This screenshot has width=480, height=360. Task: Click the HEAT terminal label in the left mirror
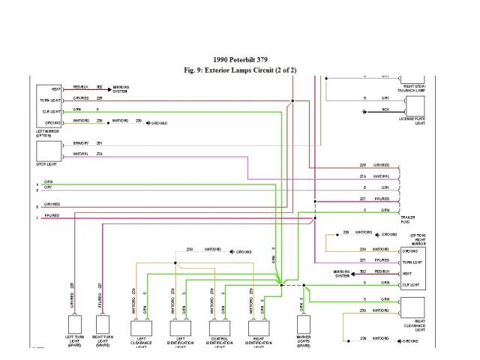pyautogui.click(x=56, y=89)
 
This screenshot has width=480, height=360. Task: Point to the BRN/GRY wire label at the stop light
pyautogui.click(x=80, y=143)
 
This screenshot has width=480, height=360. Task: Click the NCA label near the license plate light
pyautogui.click(x=385, y=109)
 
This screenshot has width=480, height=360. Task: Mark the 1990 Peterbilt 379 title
pyautogui.click(x=240, y=60)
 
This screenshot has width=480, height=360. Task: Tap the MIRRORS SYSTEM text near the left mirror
pyautogui.click(x=121, y=89)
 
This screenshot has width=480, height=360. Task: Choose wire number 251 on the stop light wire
pyautogui.click(x=99, y=143)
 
